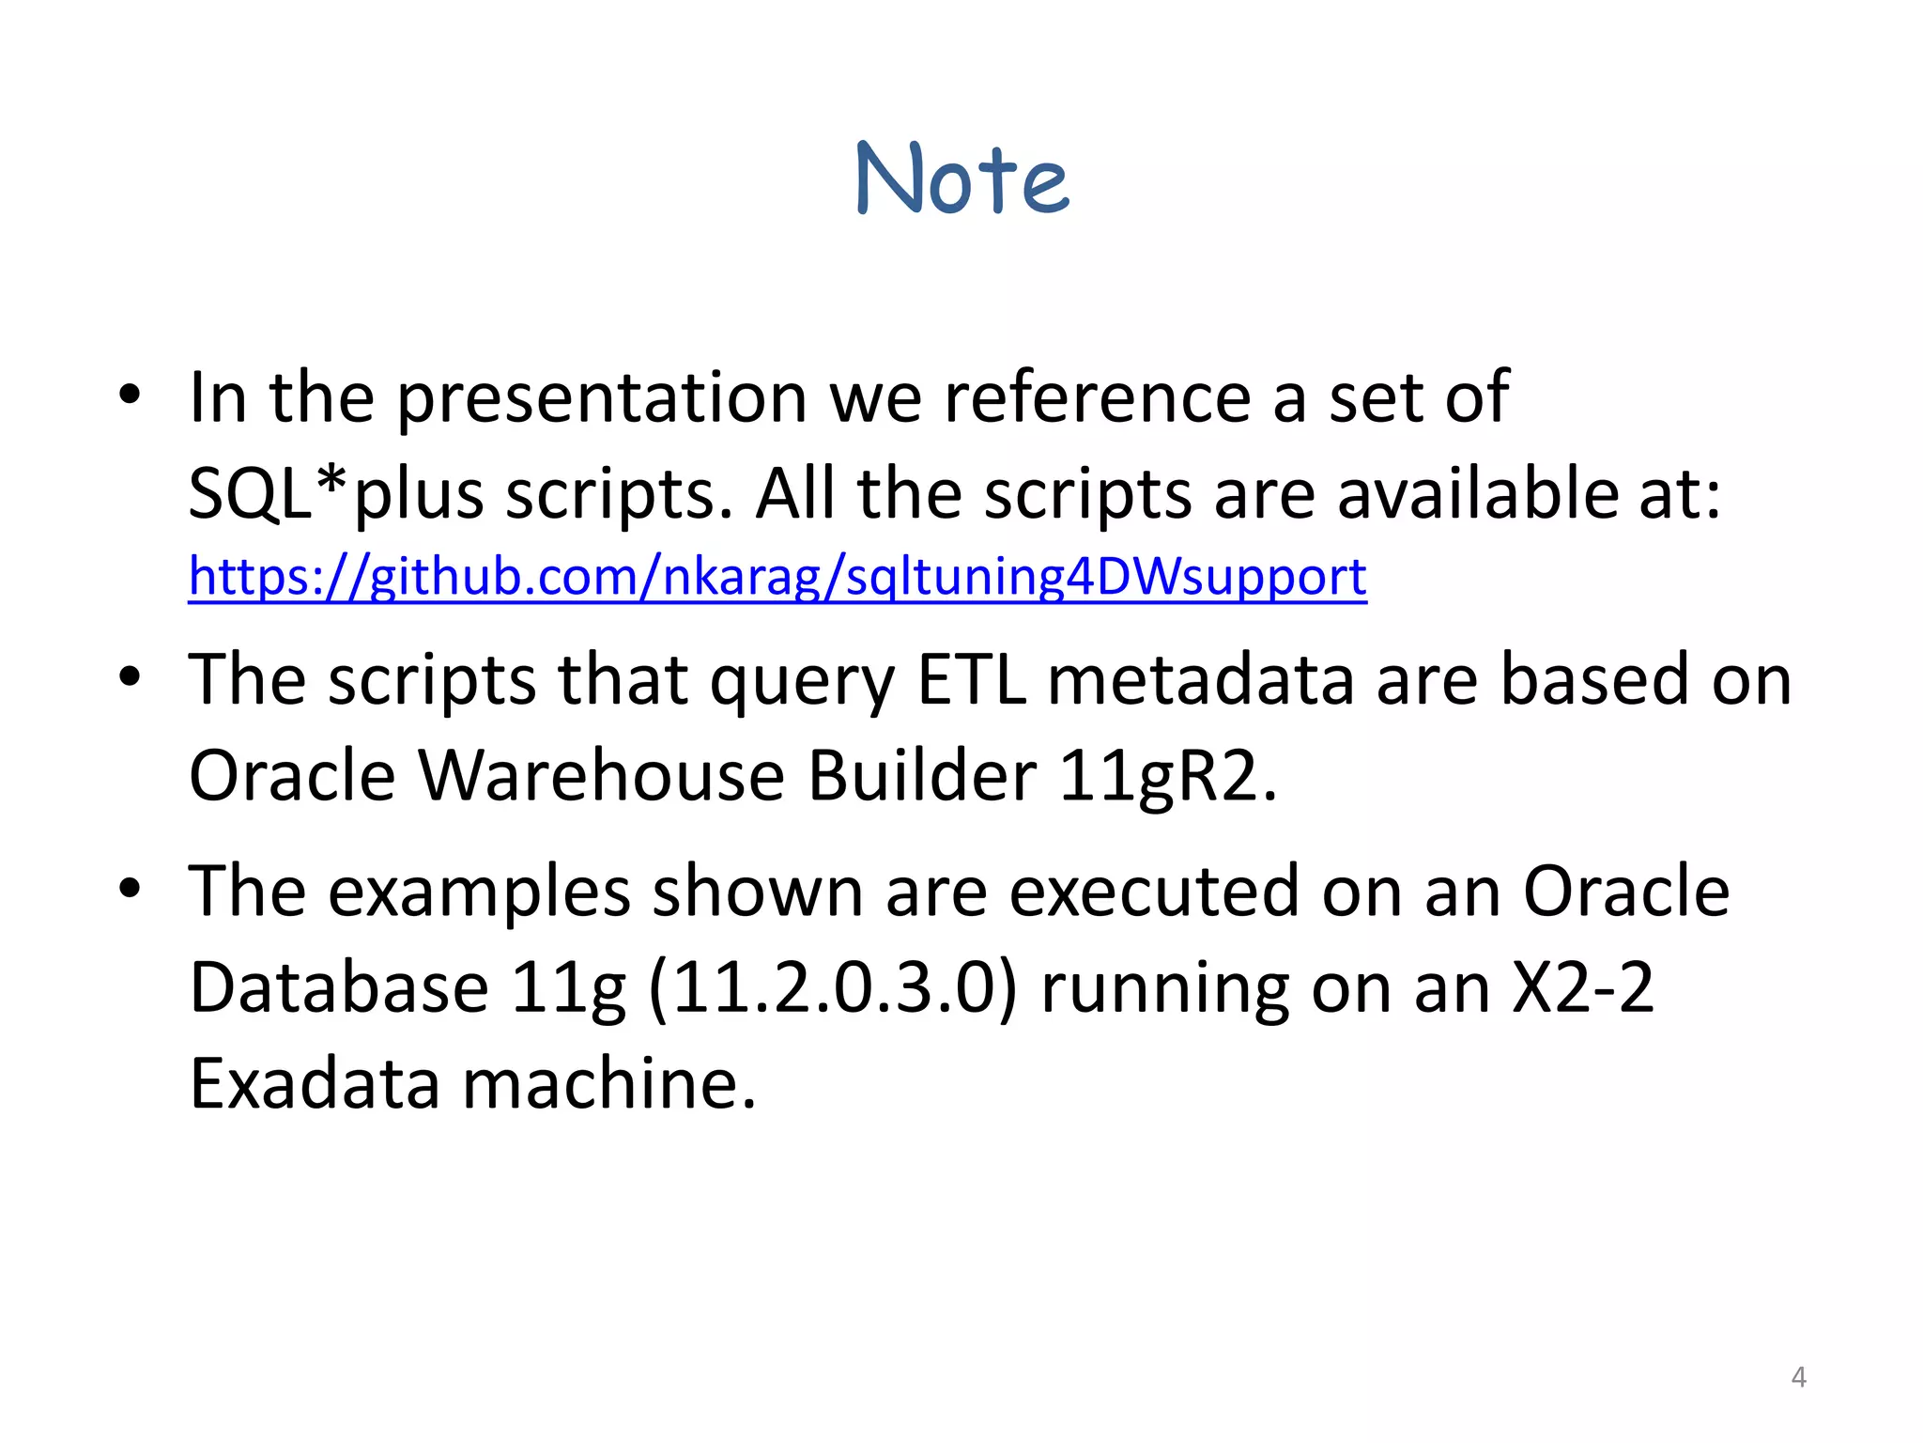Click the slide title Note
tap(962, 178)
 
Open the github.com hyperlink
tap(777, 576)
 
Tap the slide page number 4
tap(1798, 1377)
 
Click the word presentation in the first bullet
tap(601, 398)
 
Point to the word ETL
tap(971, 680)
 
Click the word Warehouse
tap(601, 777)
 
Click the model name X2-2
tap(1582, 988)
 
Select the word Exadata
tap(315, 1084)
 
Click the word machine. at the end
tap(609, 1084)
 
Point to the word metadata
tap(1200, 680)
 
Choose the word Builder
tap(922, 777)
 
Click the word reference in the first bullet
tap(1097, 398)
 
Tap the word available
tap(1477, 494)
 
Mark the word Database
tap(338, 988)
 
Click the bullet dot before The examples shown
tap(130, 887)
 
